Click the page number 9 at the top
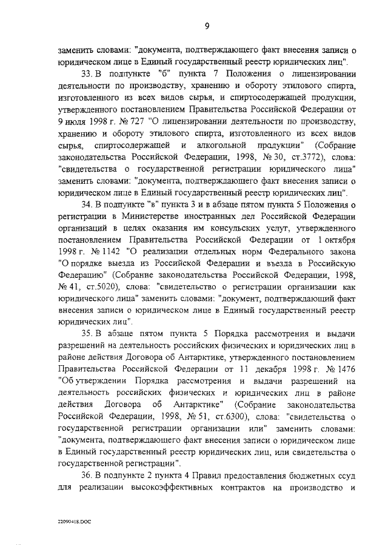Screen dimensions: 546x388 pyautogui.click(x=206, y=25)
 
